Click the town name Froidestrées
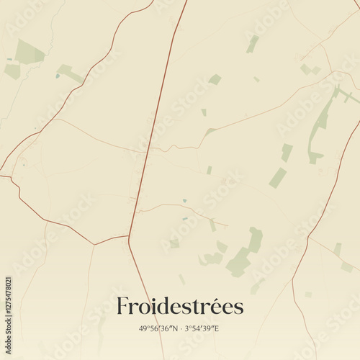coord(180,306)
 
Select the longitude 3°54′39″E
coord(202,328)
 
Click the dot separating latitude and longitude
coord(180,328)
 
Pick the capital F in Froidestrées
coord(123,306)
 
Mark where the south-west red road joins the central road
coord(129,235)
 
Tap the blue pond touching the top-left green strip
coord(58,75)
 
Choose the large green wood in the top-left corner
coord(29,52)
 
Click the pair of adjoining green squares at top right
coord(310,70)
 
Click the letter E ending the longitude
coord(217,328)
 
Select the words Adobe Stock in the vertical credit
coord(9,245)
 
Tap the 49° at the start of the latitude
coord(145,328)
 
